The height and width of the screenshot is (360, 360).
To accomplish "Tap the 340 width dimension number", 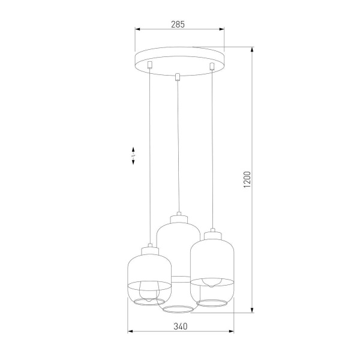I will (x=180, y=326).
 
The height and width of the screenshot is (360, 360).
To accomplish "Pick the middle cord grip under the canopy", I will (x=178, y=76).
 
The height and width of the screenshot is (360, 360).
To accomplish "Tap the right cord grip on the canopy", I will (x=211, y=64).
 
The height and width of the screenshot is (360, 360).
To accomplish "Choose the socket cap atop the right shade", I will (x=211, y=231).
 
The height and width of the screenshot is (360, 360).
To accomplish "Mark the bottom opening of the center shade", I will (x=178, y=310).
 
